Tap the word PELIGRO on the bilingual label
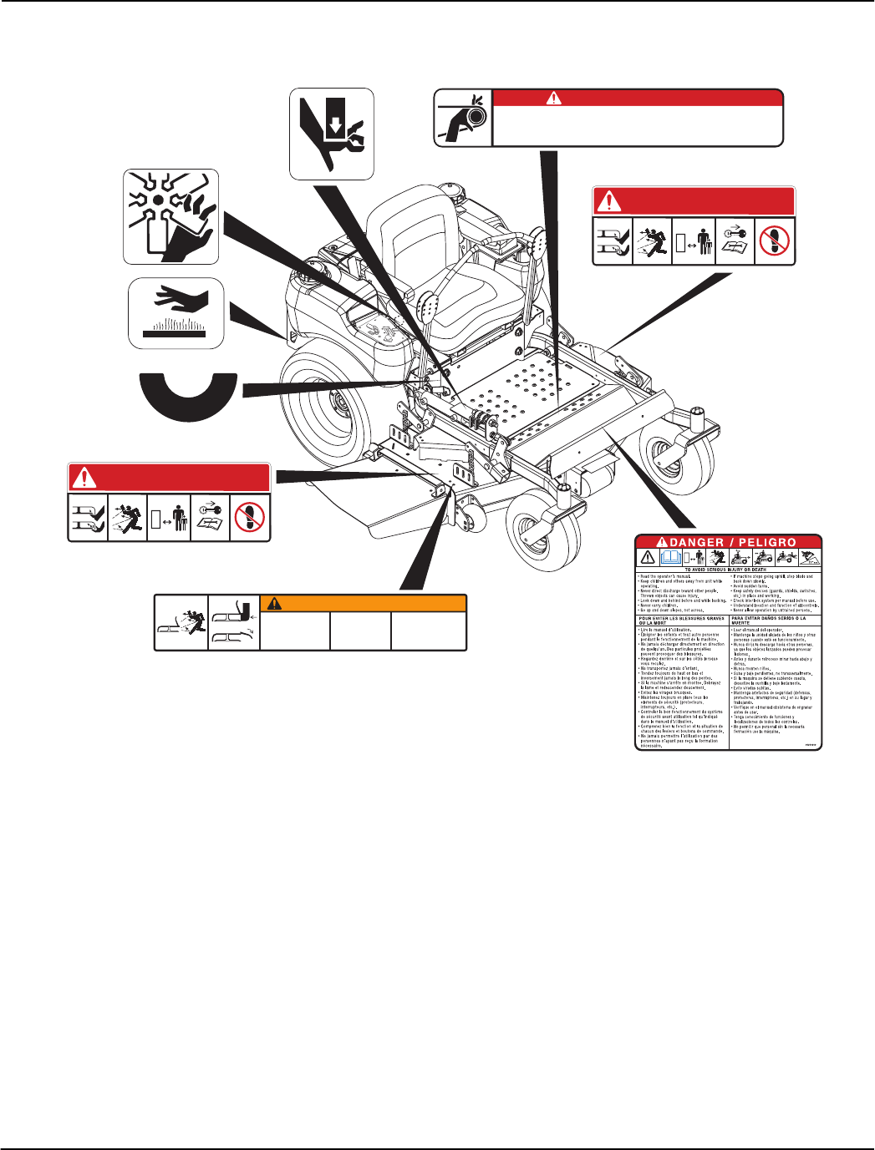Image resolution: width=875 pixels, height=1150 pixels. point(767,542)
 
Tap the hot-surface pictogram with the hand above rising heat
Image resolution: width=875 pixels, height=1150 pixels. point(176,313)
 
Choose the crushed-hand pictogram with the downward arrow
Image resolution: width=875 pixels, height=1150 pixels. point(331,134)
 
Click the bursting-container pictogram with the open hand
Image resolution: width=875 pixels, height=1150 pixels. point(170,216)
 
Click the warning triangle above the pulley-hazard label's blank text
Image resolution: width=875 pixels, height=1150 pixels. point(553,98)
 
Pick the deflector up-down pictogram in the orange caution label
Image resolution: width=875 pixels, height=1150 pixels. point(233,622)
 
